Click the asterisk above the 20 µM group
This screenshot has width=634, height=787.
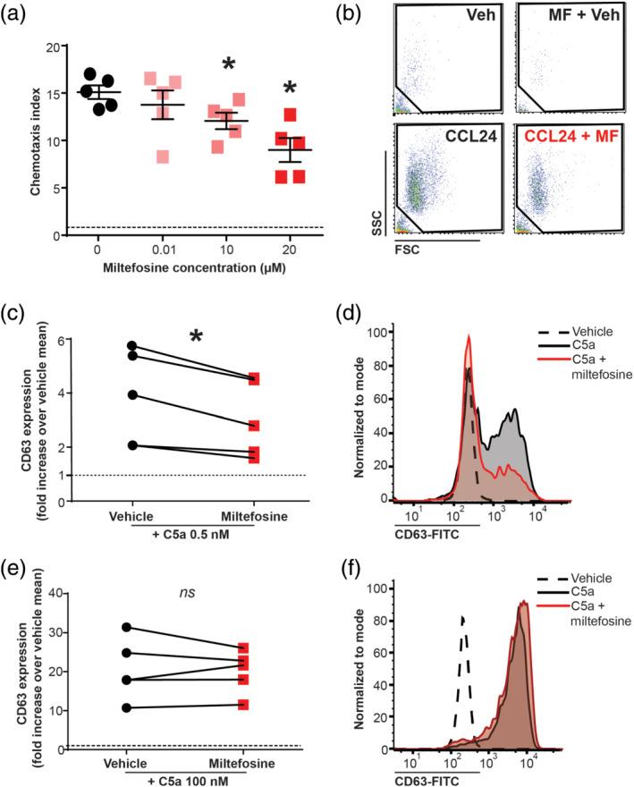click(290, 88)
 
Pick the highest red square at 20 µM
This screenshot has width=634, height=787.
click(290, 114)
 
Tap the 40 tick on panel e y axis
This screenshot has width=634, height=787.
click(50, 592)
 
